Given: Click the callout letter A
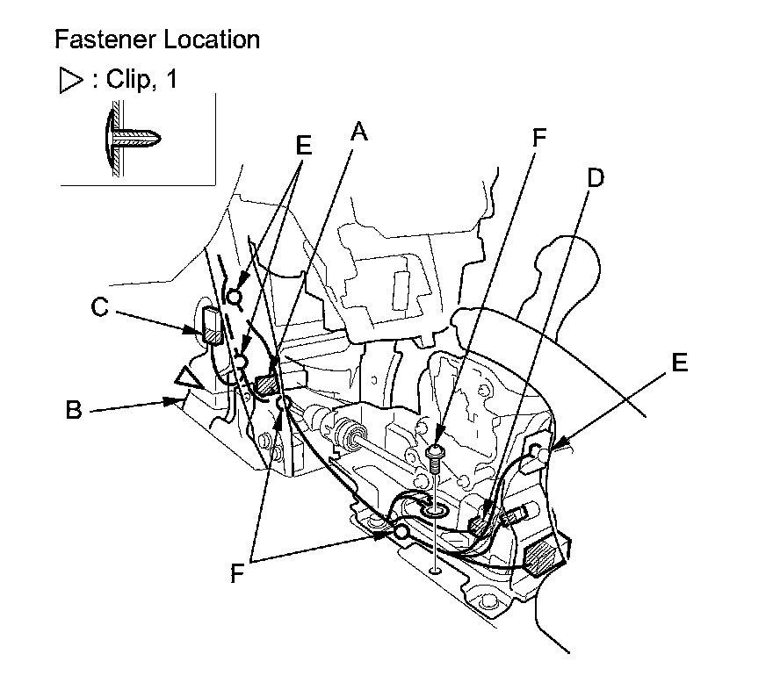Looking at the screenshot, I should pos(358,133).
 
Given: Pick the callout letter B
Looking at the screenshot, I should pos(75,410).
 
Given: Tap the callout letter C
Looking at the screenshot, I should pos(100,308).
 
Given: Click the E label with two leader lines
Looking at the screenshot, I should pos(303,146).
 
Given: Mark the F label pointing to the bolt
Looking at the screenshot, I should pos(539,139).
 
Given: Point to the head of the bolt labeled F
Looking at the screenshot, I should pos(436,452).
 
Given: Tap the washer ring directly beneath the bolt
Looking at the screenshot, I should pos(435,509).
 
